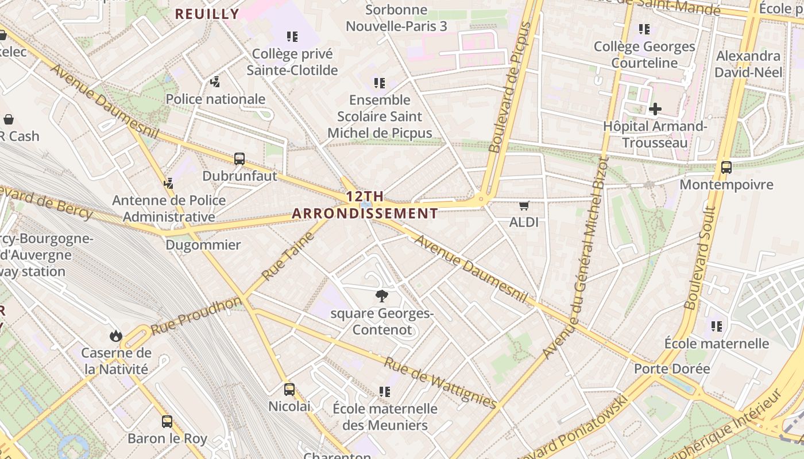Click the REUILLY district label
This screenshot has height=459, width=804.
tap(207, 14)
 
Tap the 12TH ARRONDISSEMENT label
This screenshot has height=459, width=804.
tap(365, 205)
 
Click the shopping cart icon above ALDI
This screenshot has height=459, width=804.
tap(524, 205)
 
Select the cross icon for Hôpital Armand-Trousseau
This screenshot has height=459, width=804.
tap(655, 109)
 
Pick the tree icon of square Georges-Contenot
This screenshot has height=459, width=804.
tap(381, 296)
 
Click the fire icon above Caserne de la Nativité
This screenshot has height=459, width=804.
tap(116, 335)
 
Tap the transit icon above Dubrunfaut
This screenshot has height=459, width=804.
tap(239, 159)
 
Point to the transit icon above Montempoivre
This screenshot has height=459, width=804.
tap(726, 168)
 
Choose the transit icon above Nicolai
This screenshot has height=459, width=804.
tap(289, 390)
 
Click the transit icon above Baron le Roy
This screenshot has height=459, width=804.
tap(167, 422)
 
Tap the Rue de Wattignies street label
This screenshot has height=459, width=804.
tap(440, 383)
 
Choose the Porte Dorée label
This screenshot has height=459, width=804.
tap(672, 368)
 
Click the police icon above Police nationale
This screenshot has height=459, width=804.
tap(215, 82)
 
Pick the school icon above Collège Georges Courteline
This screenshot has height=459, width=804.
tap(644, 29)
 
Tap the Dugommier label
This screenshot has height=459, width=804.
tap(203, 245)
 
